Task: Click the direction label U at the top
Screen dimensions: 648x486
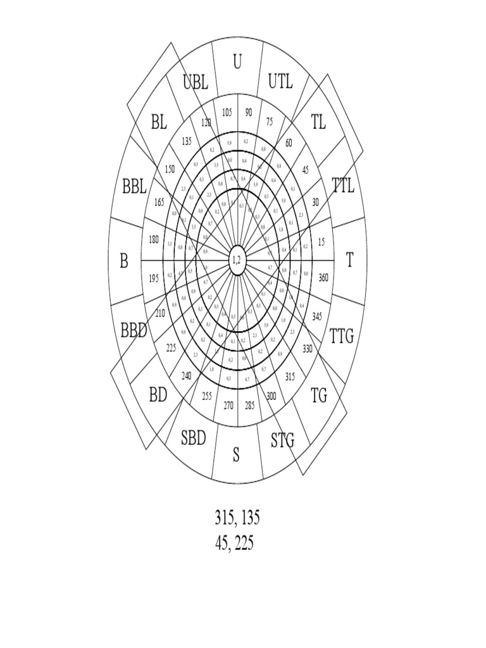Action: tap(237, 63)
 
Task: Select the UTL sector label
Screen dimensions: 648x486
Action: tap(280, 82)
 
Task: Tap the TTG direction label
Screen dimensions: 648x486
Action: tap(342, 336)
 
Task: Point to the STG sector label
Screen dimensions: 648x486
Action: tap(283, 440)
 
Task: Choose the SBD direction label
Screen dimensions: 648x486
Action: tap(194, 438)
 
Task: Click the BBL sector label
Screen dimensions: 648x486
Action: tap(134, 187)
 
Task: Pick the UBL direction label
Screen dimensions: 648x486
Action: tap(196, 82)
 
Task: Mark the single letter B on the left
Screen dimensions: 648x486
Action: tap(124, 261)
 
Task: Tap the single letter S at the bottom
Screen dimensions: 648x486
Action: tap(236, 455)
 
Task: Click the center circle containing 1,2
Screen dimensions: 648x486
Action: tap(237, 260)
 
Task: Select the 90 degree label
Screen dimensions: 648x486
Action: tap(248, 112)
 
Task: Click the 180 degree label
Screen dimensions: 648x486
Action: tap(153, 239)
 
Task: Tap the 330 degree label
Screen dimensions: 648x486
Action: tap(308, 349)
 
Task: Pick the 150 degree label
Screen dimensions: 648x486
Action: tap(170, 169)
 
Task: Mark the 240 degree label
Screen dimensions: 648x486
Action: tap(186, 376)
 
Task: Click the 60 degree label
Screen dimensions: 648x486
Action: tap(289, 143)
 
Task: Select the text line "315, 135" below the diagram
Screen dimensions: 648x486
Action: tap(237, 518)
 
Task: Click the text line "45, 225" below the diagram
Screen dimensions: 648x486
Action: tap(235, 543)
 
